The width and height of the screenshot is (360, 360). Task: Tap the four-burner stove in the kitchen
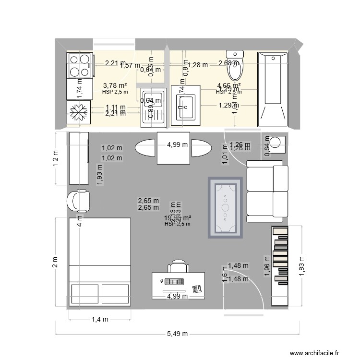click(79, 65)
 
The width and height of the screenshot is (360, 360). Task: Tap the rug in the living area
click(225, 207)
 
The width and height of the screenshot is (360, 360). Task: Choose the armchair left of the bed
click(79, 201)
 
